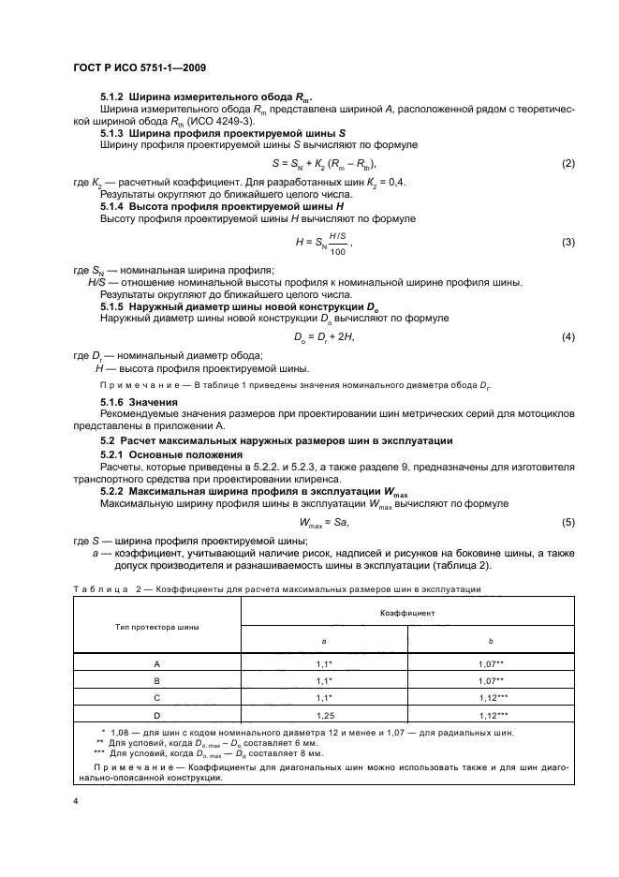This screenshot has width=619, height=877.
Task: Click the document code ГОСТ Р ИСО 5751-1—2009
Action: coord(140,67)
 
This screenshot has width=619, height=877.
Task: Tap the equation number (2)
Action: coord(567,165)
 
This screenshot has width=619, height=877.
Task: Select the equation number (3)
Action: coord(567,243)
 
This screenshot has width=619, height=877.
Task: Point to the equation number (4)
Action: coord(567,335)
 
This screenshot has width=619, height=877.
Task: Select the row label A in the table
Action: coord(157,662)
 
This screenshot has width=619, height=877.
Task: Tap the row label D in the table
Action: coord(157,716)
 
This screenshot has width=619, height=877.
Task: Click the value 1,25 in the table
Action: coord(324,716)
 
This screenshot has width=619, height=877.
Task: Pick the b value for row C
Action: coord(491,698)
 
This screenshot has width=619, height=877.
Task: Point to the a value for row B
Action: coord(324,680)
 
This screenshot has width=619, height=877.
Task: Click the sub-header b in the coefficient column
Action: coord(491,641)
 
